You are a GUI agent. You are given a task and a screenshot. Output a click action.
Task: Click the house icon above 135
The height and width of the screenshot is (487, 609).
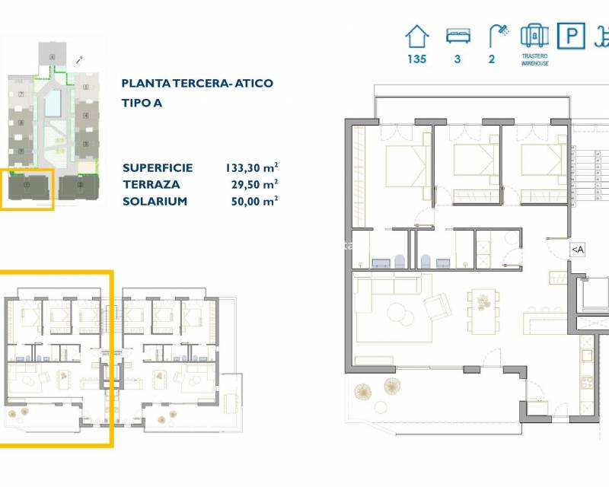[x=416, y=36]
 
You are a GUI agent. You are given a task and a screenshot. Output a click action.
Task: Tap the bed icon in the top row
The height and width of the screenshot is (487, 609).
[x=458, y=35]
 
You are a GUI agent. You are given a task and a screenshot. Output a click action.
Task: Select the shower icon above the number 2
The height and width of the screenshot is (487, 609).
[x=499, y=34]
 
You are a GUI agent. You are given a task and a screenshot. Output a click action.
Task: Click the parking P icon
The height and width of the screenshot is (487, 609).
[x=570, y=36]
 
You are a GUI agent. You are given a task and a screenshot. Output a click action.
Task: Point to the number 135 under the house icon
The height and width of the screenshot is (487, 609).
[x=416, y=59]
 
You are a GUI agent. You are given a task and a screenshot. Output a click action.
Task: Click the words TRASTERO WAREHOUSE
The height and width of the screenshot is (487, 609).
[x=535, y=59]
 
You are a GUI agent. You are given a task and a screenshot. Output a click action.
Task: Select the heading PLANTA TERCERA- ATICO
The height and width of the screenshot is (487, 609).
[x=197, y=83]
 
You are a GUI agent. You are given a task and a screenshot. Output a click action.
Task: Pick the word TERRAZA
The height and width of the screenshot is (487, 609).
[x=150, y=184]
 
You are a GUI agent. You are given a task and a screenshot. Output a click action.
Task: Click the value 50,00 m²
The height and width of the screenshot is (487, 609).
[x=253, y=201]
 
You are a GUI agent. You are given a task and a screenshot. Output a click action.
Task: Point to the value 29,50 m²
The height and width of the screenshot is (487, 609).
[x=253, y=184]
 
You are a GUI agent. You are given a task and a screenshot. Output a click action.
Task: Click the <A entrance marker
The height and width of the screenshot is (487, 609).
[x=577, y=249]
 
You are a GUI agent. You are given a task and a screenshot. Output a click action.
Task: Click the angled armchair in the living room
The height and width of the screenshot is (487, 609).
[x=436, y=307]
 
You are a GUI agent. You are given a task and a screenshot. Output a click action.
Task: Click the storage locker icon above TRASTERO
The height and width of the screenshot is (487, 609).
[x=534, y=36]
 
